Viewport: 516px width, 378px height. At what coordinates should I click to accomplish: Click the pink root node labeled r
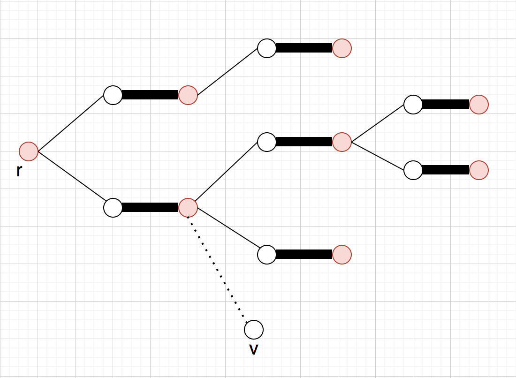coord(29,151)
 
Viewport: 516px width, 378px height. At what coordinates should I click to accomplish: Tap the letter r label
coord(19,171)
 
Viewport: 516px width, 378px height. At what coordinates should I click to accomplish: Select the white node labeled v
coord(254,330)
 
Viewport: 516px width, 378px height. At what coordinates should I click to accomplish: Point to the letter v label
coord(254,349)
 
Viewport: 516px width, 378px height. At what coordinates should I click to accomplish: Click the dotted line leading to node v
coord(218,272)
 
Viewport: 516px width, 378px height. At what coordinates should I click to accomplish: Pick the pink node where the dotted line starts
coord(188,208)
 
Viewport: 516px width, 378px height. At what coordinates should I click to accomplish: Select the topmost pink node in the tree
coord(342,48)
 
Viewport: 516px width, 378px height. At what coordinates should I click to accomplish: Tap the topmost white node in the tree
coord(267,48)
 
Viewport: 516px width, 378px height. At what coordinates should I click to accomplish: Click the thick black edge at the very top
coord(304,48)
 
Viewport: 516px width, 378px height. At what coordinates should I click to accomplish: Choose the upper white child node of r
coord(113,95)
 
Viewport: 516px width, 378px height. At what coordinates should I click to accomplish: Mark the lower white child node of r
coord(113,208)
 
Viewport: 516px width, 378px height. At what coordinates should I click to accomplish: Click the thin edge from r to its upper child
coord(70,123)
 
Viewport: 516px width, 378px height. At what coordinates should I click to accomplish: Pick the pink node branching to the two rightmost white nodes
coord(342,142)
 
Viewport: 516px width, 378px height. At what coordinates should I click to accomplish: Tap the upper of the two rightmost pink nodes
coord(479,105)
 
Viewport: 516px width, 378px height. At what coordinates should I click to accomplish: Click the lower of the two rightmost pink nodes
coord(479,170)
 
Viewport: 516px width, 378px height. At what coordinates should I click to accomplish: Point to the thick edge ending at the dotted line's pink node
coord(150,207)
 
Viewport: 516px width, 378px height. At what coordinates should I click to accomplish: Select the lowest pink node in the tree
coord(342,255)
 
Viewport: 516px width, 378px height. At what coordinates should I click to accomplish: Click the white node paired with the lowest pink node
coord(267,255)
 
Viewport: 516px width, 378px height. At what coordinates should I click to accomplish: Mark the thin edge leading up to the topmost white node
coord(228,72)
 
